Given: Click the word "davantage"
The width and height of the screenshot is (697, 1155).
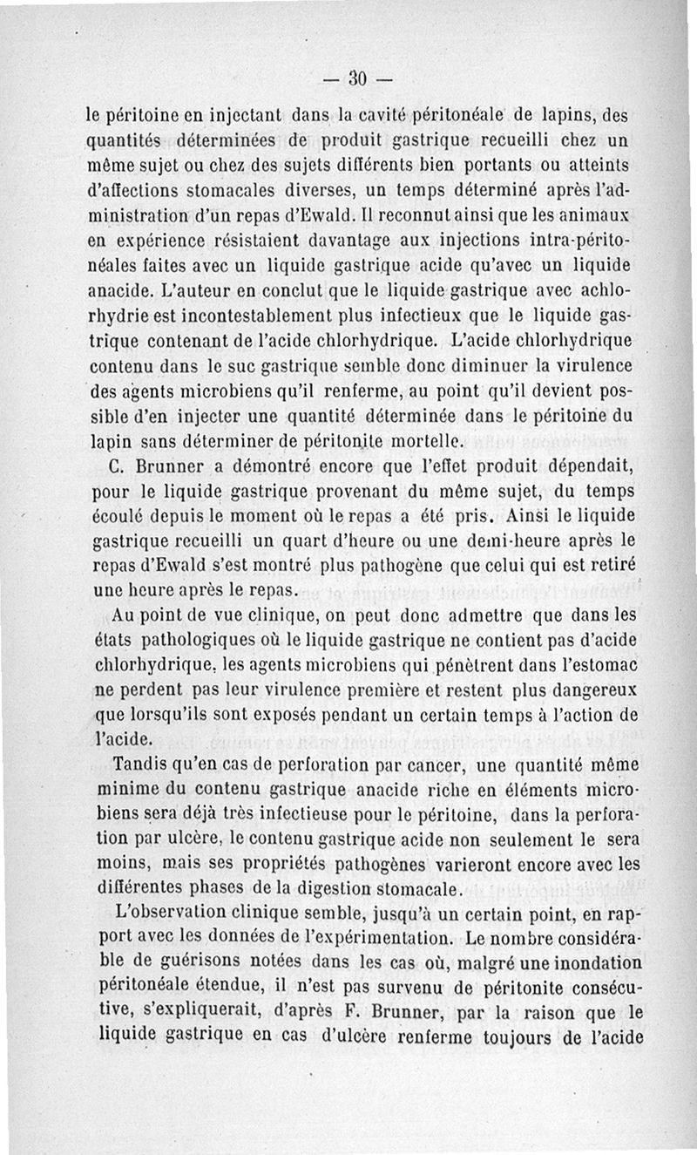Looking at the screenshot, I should click(x=279, y=239).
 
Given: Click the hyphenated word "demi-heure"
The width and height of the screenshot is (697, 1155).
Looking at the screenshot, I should click(x=499, y=541).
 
